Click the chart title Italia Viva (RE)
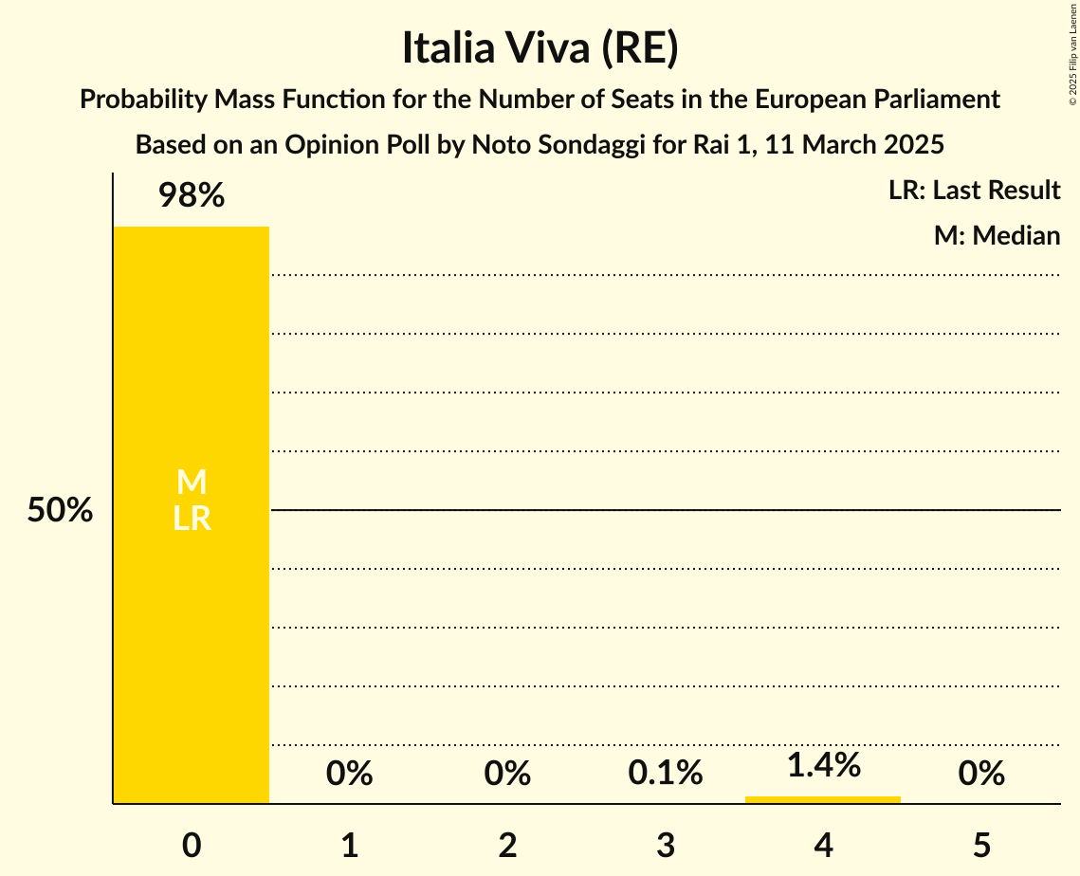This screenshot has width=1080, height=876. (x=540, y=48)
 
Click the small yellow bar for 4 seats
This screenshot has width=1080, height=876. (x=823, y=799)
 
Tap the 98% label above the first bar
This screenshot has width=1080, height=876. (x=192, y=196)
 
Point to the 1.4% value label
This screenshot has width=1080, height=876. (x=823, y=765)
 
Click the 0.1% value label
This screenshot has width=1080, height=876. (x=666, y=774)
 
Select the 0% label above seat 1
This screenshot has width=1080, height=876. (x=349, y=774)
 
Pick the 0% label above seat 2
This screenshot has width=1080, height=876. (x=507, y=774)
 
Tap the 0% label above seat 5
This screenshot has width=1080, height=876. (x=981, y=774)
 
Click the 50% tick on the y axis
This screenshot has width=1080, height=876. (x=60, y=511)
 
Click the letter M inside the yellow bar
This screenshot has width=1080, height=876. (x=192, y=483)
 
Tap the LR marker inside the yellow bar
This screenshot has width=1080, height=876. (x=192, y=519)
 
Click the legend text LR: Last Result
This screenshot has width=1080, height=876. (x=974, y=191)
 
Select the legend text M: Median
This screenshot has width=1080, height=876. (x=997, y=236)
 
